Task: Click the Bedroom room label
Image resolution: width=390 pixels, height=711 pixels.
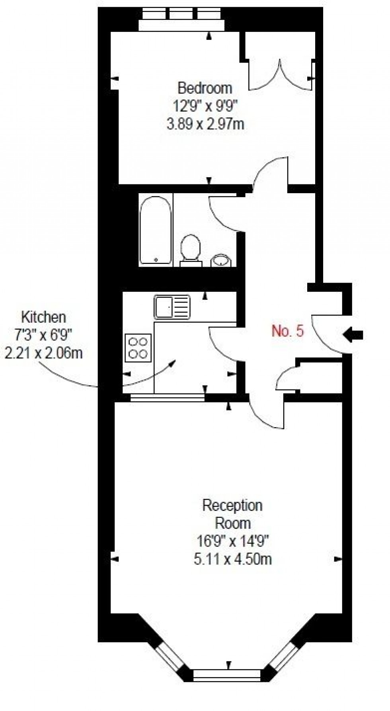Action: (x=205, y=87)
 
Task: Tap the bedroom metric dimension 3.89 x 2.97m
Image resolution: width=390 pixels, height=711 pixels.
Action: (x=205, y=124)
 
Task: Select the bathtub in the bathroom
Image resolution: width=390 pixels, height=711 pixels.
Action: (x=156, y=230)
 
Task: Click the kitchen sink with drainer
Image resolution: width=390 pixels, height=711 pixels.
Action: (x=172, y=306)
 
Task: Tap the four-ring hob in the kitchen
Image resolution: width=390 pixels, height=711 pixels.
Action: (x=138, y=347)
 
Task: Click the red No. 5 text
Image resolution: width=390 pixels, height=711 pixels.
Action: (x=287, y=331)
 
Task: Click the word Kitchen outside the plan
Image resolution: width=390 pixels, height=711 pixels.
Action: (x=43, y=317)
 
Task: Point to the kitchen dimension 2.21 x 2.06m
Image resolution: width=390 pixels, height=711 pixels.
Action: (x=43, y=353)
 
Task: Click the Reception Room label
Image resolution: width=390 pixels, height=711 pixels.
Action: (x=232, y=514)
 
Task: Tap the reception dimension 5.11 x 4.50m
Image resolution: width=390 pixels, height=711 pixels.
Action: (x=233, y=559)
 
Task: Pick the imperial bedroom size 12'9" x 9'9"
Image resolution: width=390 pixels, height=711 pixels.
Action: (x=205, y=106)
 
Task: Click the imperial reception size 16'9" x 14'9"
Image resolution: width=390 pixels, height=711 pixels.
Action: (x=233, y=541)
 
